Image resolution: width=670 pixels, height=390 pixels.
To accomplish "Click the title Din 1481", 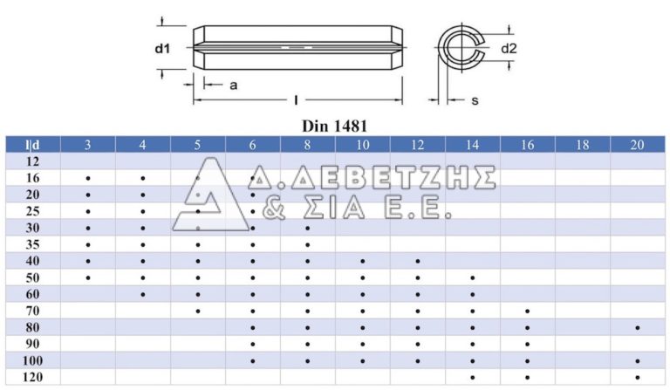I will click(334, 125).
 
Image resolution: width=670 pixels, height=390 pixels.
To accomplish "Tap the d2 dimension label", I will click(509, 49).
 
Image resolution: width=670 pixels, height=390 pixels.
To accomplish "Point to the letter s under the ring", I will click(475, 100).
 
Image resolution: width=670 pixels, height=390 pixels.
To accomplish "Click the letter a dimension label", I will click(233, 85).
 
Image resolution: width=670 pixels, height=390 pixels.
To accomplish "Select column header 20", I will click(637, 144).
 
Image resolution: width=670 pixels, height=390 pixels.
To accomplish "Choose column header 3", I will click(88, 144).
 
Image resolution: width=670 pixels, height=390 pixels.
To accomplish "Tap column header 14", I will click(472, 144).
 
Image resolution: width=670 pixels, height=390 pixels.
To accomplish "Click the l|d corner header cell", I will click(32, 144).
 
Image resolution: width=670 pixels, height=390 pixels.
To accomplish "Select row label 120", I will click(32, 377).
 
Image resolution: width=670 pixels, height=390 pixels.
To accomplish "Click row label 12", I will click(32, 161).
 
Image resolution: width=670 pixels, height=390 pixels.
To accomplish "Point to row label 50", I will click(32, 277).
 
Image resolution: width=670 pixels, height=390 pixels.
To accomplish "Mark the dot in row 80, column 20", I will click(638, 328).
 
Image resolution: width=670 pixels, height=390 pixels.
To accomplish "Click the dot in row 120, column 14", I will click(473, 377).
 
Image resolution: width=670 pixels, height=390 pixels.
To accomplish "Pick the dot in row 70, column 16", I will click(528, 311).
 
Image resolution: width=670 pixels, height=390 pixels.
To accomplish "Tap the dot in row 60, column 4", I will click(143, 294).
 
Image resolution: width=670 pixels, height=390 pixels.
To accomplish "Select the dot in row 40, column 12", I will click(418, 261).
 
